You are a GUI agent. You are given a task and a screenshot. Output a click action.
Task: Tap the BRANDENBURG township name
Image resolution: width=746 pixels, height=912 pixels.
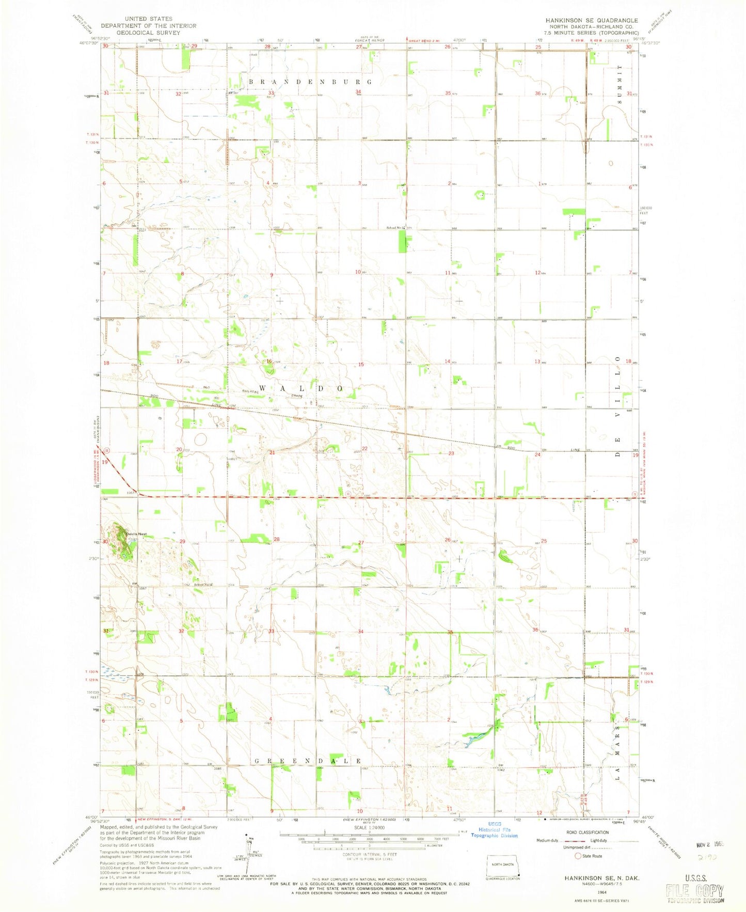(310, 82)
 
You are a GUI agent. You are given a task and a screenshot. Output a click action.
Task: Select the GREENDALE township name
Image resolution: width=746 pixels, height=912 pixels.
(307, 761)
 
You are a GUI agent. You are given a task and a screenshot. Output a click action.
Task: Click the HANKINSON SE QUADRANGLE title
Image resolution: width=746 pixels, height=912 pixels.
(591, 20)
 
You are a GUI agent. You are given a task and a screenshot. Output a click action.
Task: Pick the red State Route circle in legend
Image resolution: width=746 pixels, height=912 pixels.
(578, 856)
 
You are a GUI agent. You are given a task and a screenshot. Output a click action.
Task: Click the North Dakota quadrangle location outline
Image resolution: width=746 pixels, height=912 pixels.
(503, 866)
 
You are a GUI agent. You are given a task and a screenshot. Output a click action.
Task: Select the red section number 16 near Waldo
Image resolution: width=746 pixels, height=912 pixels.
(268, 361)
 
